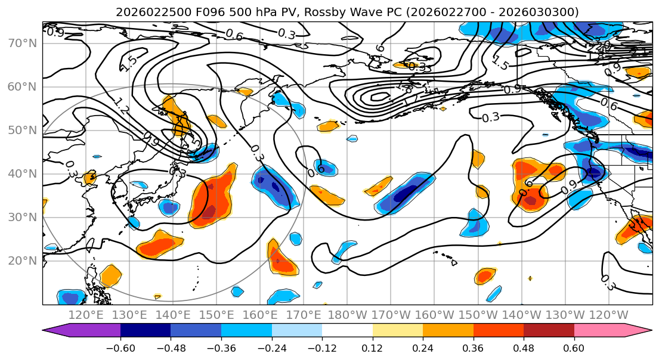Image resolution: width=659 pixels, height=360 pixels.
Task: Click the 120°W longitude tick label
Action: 609,314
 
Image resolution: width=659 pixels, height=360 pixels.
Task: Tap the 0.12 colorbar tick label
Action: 372,347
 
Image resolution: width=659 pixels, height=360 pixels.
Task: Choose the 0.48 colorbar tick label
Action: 524,347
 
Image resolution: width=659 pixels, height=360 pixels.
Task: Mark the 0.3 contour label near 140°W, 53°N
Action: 490,117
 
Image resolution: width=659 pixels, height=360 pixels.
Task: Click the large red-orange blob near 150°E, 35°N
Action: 212,200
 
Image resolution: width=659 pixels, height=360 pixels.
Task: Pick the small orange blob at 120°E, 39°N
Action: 90,178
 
